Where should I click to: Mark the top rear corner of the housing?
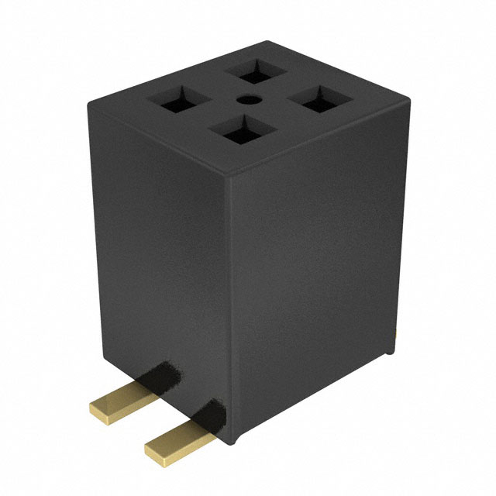click(267, 43)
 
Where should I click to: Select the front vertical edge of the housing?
click(230, 310)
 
